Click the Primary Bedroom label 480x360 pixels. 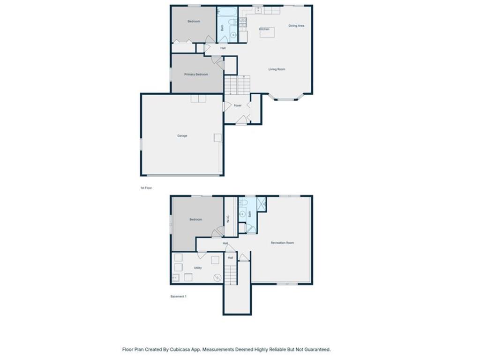pos(196,74)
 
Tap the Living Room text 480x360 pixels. pos(277,69)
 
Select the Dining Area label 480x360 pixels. pos(296,26)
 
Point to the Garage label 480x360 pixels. pos(182,136)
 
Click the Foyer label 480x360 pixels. pos(238,105)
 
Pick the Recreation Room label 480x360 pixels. pos(282,243)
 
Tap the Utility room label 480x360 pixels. pos(198,268)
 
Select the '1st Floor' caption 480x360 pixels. pos(146,187)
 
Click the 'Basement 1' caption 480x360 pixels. pos(178,296)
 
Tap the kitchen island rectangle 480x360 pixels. pos(267,32)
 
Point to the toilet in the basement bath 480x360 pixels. pos(243,203)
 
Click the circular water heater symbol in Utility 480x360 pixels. pos(217,277)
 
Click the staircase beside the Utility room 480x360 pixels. pos(230,274)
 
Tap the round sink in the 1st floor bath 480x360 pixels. pos(233,35)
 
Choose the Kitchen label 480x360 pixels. pos(264,29)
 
